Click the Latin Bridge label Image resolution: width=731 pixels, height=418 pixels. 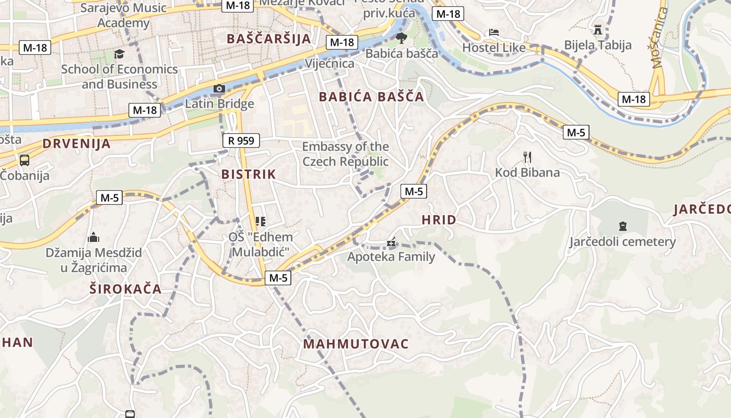pos(219,103)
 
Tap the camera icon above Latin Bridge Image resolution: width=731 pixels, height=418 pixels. pos(219,88)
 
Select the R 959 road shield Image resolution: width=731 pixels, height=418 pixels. pos(241,140)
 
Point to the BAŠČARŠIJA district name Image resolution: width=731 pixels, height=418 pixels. pos(269,39)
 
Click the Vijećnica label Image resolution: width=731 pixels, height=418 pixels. pos(329,64)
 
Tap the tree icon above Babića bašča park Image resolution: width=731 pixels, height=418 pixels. pos(401,38)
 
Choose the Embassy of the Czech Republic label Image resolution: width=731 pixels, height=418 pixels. pos(345,154)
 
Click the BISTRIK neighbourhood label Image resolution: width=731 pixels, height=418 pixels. pos(248,174)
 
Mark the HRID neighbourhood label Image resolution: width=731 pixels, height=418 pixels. pos(439,220)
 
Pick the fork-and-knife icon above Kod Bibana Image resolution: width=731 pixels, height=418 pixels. pos(527,156)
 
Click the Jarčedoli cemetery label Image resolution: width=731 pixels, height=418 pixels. pos(622,242)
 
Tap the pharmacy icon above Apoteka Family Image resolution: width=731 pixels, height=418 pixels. pos(391,242)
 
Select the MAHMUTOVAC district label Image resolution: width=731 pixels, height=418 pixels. pos(356,344)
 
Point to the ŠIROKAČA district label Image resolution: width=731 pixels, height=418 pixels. pos(125,289)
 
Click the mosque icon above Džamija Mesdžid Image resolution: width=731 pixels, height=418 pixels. pos(93,238)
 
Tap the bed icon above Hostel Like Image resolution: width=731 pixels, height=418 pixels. pos(493,32)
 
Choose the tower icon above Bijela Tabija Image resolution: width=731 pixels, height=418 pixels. pos(598,29)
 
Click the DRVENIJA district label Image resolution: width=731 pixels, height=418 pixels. pos(77,144)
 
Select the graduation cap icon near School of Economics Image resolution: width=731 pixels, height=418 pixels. pos(119,54)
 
